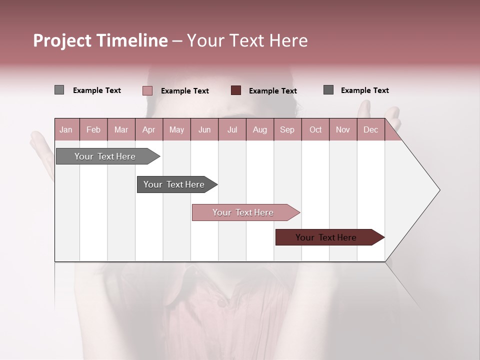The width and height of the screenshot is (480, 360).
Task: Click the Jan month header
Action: (66, 130)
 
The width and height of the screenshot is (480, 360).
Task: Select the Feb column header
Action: (93, 130)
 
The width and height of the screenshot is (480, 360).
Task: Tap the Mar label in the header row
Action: (121, 130)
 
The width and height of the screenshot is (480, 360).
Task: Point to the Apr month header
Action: (148, 130)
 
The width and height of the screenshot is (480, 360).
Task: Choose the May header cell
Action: (176, 130)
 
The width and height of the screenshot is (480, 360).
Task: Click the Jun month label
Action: (204, 130)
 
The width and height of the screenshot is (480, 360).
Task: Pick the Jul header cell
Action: (232, 130)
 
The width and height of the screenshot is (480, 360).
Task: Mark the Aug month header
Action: (259, 130)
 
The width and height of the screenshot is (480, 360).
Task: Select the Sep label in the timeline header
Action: (287, 130)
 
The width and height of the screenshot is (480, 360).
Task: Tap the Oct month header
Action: (315, 130)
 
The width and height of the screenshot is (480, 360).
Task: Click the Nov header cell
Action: (343, 130)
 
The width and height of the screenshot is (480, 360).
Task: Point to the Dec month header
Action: (370, 130)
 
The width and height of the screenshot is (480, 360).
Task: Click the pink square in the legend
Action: (147, 90)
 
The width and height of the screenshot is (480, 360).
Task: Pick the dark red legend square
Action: (236, 90)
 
